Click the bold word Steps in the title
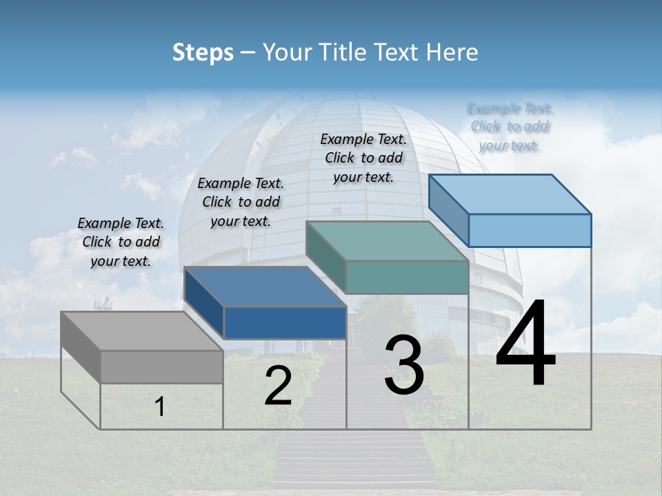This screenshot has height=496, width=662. (x=203, y=52)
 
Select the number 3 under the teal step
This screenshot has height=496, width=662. (x=404, y=365)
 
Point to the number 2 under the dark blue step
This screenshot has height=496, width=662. (x=278, y=386)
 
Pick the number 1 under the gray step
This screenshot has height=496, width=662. (x=160, y=406)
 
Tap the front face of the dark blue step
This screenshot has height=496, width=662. (x=285, y=322)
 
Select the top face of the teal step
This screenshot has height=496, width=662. (x=387, y=241)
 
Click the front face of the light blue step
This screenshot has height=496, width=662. (x=530, y=230)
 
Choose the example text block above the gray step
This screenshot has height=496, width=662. (x=121, y=242)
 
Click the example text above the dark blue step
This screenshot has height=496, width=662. (x=241, y=202)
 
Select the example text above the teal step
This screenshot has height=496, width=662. (x=363, y=158)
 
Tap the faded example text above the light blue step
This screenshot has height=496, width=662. (x=510, y=127)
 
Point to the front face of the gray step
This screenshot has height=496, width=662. (x=161, y=366)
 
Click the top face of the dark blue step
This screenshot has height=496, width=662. (x=265, y=287)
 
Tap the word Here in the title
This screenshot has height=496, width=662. (x=452, y=52)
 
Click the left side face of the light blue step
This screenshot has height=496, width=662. (x=448, y=209)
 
